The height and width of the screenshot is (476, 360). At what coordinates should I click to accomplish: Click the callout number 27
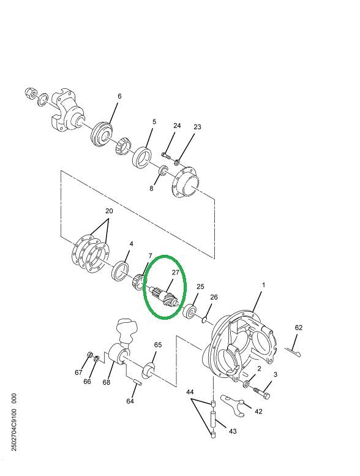coord(174,273)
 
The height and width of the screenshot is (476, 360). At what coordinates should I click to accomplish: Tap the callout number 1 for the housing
coord(264,286)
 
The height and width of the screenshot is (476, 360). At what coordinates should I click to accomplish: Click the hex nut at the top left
coord(28,94)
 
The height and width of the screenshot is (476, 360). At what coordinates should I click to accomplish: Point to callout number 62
coord(298,328)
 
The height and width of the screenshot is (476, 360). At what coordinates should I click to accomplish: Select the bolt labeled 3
coord(264,388)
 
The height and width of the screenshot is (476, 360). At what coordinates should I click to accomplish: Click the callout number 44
coord(190,391)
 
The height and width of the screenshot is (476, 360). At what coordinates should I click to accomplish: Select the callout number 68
coord(107,382)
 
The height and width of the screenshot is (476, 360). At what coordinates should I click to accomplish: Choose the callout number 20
coord(108,211)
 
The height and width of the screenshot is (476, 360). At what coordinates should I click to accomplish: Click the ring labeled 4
coord(121,270)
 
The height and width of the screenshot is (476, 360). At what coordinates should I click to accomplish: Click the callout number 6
coord(119,96)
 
